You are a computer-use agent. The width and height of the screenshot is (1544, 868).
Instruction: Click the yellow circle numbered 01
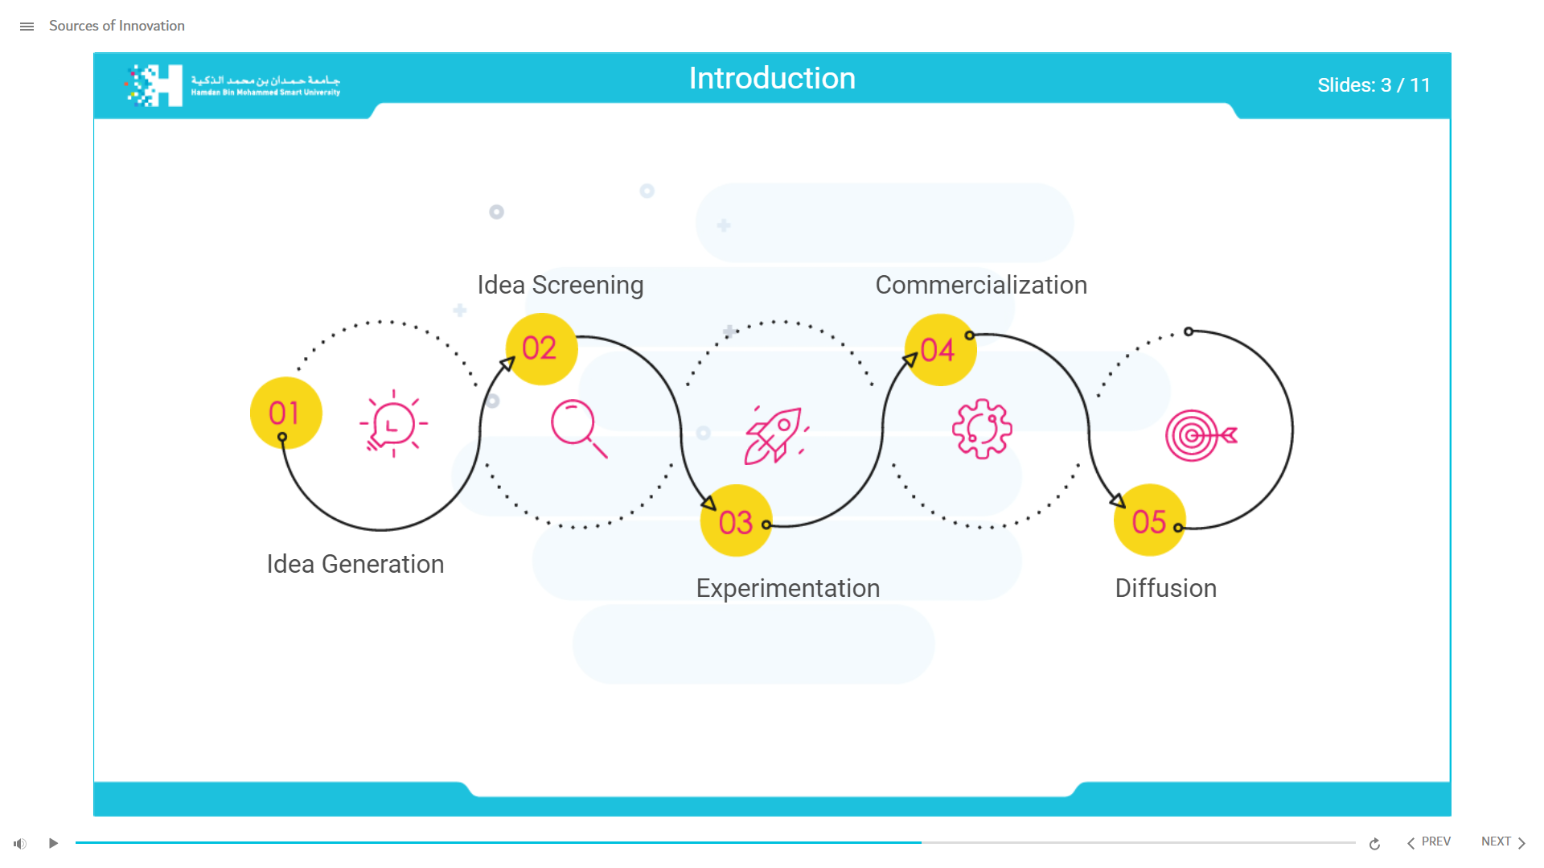pos(285,413)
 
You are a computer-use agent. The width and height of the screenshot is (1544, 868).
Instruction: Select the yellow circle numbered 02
pos(541,348)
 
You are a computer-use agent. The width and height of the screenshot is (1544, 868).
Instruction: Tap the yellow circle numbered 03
pos(736,521)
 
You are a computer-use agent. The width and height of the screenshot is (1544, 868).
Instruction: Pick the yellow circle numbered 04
pos(939,349)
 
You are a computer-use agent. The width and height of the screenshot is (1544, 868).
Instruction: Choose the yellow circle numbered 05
pos(1149,520)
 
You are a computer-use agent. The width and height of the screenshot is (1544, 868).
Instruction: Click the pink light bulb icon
pos(393,424)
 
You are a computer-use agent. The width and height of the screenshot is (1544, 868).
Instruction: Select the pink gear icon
pos(982,429)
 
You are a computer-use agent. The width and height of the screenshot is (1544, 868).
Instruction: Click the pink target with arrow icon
pos(1200,435)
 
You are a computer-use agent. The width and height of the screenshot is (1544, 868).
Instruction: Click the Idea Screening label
pos(560,285)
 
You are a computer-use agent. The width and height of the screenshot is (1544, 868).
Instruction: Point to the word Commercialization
pos(980,285)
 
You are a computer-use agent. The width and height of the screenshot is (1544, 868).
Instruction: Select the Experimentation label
pos(787,588)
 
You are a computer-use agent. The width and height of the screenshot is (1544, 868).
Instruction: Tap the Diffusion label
pos(1165,588)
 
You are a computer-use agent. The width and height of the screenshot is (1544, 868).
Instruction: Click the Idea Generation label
pos(355,564)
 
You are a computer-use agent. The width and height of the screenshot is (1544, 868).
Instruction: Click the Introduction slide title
pos(771,78)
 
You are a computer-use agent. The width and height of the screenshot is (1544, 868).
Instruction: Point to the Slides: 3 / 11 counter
pos(1373,85)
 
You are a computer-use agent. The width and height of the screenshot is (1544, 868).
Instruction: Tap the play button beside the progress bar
pos(53,843)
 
